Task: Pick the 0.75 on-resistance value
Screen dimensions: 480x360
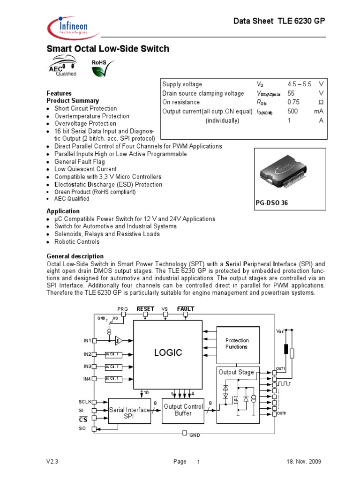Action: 293,102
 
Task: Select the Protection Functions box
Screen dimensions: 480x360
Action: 237,344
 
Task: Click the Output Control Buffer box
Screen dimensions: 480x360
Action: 183,410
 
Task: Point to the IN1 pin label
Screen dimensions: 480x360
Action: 88,341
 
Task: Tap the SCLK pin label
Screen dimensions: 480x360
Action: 85,402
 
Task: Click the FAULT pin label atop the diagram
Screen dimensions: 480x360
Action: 186,309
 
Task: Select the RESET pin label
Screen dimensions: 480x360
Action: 145,309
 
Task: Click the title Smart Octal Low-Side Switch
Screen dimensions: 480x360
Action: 108,49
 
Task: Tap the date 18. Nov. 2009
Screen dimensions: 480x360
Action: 304,462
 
